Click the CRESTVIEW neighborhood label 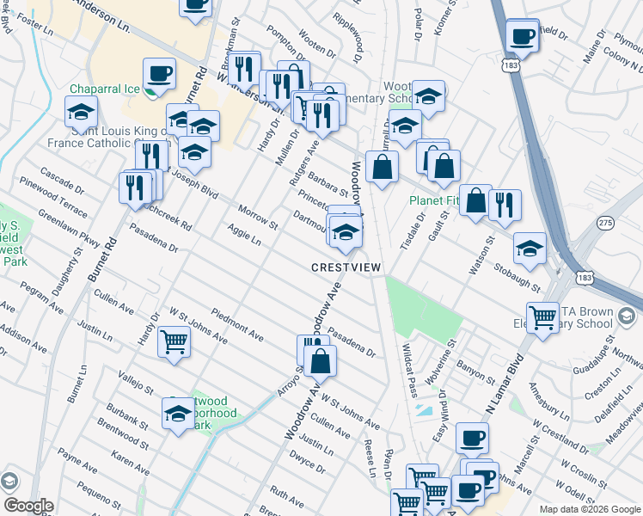346,267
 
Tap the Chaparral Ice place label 104,88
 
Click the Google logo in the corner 28,505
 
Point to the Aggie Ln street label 243,233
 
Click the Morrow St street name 258,218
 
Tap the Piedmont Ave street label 236,322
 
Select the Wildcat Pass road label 409,370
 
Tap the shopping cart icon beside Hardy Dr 175,342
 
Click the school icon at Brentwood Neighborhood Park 179,414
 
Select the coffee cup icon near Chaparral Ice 158,74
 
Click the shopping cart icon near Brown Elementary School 543,317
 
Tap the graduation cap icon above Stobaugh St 530,248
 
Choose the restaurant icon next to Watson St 505,204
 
